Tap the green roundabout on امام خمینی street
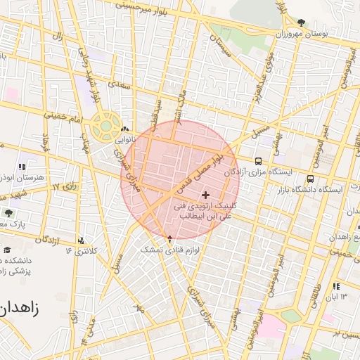105,127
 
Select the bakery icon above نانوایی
124,129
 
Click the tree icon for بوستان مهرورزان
302,22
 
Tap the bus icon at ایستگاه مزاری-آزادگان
259,160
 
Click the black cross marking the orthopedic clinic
205,194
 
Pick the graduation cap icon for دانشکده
7,250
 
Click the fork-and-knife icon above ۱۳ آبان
336,285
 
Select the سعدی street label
124,84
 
